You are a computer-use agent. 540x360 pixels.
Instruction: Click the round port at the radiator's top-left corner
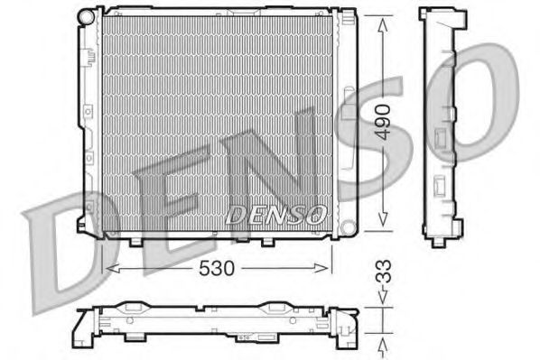tap(86, 16)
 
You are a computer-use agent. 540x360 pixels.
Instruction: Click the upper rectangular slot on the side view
tap(440, 136)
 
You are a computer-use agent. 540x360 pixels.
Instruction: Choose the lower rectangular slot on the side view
tap(440, 184)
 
